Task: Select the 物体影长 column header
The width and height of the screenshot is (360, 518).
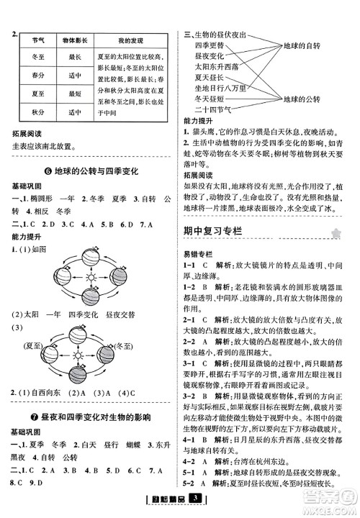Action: (73, 40)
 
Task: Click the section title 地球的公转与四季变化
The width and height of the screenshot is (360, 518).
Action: (89, 171)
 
